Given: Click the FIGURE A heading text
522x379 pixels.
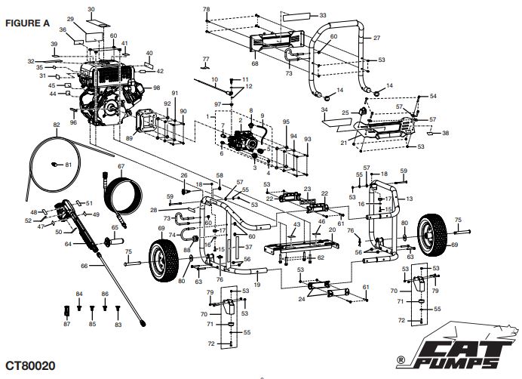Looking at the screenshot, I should pyautogui.click(x=28, y=23).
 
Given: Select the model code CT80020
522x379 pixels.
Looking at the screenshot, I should pyautogui.click(x=29, y=365).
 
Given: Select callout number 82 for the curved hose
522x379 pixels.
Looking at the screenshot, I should pyautogui.click(x=56, y=125).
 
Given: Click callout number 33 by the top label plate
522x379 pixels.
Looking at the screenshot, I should pyautogui.click(x=323, y=15).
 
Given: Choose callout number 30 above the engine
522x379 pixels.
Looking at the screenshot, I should pyautogui.click(x=91, y=9).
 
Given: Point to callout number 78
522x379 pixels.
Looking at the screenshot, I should pyautogui.click(x=206, y=9).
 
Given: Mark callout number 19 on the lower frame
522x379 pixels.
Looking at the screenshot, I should pyautogui.click(x=257, y=285).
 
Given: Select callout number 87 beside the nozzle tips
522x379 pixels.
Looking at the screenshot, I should pyautogui.click(x=66, y=324).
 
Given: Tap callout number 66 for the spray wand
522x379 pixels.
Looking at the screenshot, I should pyautogui.click(x=84, y=266).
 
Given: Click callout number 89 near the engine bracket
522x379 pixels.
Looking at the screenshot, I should pyautogui.click(x=129, y=138).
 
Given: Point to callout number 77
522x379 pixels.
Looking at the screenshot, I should pyautogui.click(x=204, y=58).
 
